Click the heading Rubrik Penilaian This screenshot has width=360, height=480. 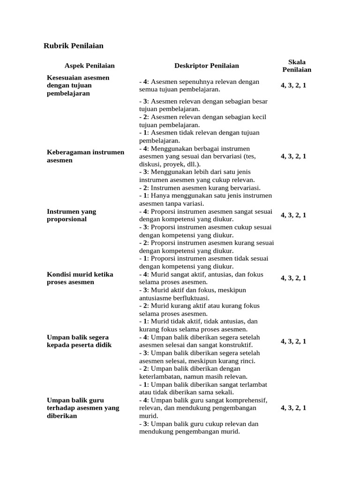coord(73,46)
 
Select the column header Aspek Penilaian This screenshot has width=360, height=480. coord(90,66)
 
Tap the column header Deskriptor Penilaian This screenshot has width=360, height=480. coord(206,66)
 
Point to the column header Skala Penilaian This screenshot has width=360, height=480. coord(296,66)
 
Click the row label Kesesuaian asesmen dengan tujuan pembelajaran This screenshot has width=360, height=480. coord(78,85)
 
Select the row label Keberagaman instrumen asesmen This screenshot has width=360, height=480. coord(85,156)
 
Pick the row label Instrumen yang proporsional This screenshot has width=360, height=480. coord(71,215)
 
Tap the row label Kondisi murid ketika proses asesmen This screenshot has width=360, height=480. coord(80,278)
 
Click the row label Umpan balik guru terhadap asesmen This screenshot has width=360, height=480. coord(83,408)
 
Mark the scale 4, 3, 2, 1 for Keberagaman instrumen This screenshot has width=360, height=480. coord(293,157)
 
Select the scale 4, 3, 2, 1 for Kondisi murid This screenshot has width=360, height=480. coord(293,278)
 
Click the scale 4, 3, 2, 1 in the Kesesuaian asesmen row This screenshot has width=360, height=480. coord(293,86)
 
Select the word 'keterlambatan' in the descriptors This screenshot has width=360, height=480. coord(160,376)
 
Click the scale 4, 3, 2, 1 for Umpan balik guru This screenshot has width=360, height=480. coord(293,408)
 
